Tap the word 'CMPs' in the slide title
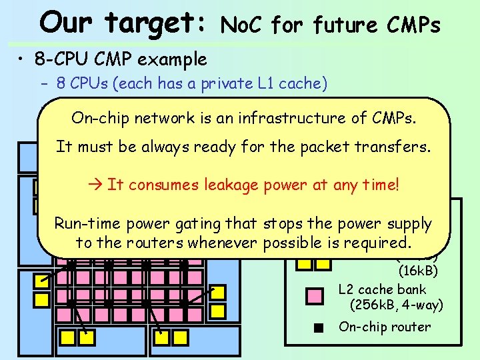[414, 25]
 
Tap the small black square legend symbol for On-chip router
[320, 327]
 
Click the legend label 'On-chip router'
[385, 327]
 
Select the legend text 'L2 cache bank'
[382, 290]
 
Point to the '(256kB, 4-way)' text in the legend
[396, 306]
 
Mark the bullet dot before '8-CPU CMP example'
[22, 59]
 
